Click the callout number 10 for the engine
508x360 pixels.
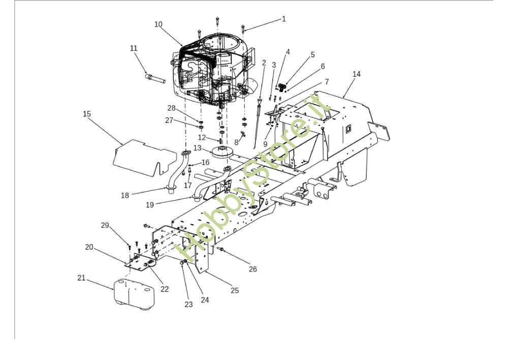(158, 24)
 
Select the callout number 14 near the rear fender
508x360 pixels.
(357, 74)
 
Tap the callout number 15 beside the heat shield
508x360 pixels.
(87, 114)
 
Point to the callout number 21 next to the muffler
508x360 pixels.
(81, 278)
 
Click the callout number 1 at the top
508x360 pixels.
(284, 19)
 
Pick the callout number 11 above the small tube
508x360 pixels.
(134, 48)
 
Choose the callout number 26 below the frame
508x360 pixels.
(252, 269)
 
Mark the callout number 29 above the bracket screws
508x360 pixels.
(105, 225)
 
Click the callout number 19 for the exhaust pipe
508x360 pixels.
(150, 205)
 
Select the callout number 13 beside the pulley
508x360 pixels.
(197, 148)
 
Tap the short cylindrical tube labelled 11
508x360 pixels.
(155, 79)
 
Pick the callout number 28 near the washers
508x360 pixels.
(171, 108)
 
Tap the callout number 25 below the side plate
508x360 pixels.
(235, 291)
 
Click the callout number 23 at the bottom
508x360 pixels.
(188, 305)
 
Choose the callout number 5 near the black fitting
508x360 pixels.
(312, 54)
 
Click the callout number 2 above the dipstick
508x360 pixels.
(264, 63)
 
